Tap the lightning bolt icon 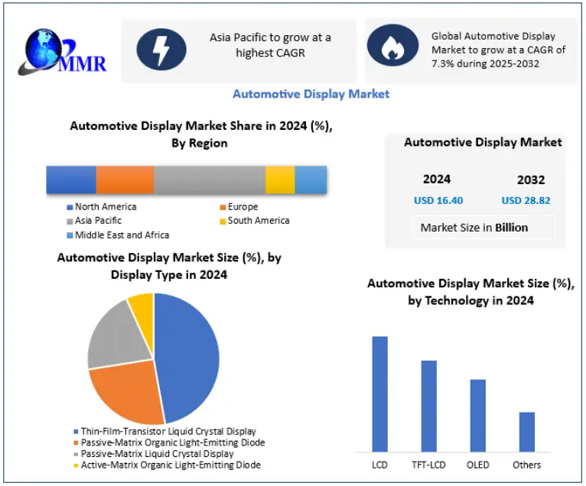(x=161, y=50)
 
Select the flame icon (x=392, y=47)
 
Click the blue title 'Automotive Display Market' (x=311, y=94)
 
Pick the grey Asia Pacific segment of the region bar (x=209, y=180)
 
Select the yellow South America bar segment (x=280, y=180)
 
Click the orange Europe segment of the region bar (x=125, y=180)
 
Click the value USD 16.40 (x=438, y=201)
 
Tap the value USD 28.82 (x=526, y=201)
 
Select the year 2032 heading (x=531, y=180)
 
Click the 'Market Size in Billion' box (x=474, y=227)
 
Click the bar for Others (x=526, y=432)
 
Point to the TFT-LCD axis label (x=429, y=465)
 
